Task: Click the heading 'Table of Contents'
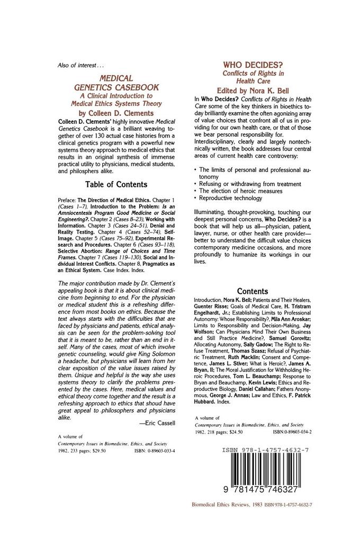coord(116,185)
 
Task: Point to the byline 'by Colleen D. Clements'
coord(116,113)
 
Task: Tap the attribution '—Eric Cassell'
coord(157,422)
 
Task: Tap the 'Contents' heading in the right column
coord(252,291)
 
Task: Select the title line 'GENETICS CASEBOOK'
coord(116,87)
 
